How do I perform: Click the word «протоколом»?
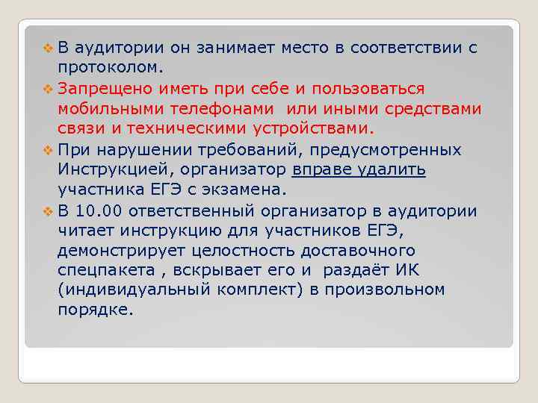click(x=108, y=69)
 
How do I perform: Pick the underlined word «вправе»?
click(x=317, y=169)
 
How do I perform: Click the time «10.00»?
click(x=103, y=210)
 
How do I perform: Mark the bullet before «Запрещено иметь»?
click(x=49, y=89)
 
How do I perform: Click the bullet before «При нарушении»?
click(x=49, y=149)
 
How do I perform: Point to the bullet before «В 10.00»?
click(x=49, y=210)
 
